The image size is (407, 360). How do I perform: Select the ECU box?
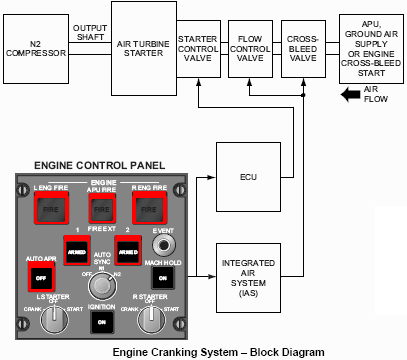[x=248, y=177]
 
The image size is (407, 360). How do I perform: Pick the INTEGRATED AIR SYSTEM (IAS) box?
[x=250, y=273]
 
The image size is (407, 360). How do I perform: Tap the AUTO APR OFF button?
[x=40, y=273]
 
